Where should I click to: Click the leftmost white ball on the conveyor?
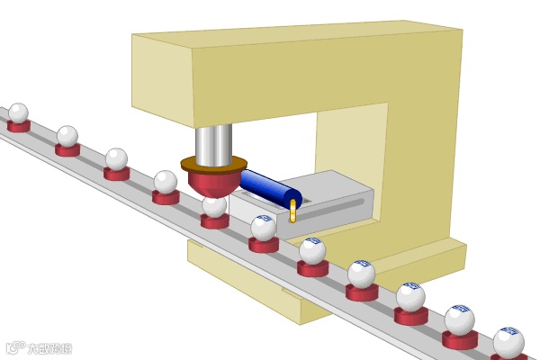pos(18,112)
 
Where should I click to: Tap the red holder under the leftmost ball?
pos(19,126)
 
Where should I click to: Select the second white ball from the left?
pos(67,136)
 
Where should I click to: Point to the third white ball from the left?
pos(116,159)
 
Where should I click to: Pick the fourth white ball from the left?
pos(165,182)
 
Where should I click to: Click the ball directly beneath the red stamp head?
pos(214,206)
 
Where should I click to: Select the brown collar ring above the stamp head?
pos(213,164)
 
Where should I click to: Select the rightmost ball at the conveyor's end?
pos(508,343)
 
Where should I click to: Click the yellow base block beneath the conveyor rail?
pos(270,288)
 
